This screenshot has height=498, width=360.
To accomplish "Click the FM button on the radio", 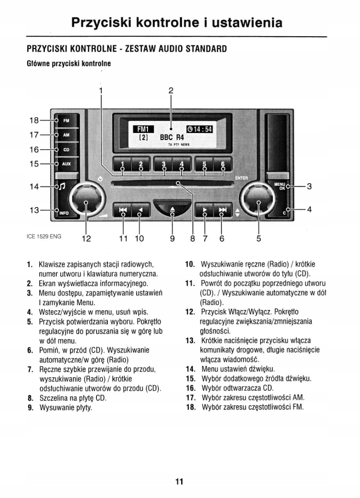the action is coord(66,121).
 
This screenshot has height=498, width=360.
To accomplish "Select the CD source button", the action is coord(66,150).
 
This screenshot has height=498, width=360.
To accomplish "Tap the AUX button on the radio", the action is coord(66,164).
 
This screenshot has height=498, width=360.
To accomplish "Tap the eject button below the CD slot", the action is coord(172,209).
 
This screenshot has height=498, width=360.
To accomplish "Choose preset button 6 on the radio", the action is coord(223,164).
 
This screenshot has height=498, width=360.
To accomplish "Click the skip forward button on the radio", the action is coord(223,210).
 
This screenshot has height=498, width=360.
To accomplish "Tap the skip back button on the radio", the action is coord(123,210).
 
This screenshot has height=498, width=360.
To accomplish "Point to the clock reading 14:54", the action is coord(199,129).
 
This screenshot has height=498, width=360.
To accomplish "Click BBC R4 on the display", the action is coord(172,137).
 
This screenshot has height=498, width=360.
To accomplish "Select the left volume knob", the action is coord(86,199).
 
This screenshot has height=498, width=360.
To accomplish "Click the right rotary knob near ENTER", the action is coord(258,199).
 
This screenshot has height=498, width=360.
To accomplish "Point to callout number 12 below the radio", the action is coord(86,238).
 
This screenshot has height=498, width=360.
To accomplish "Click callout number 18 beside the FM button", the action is coord(34,120).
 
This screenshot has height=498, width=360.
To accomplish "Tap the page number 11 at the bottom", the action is coord(179,481).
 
